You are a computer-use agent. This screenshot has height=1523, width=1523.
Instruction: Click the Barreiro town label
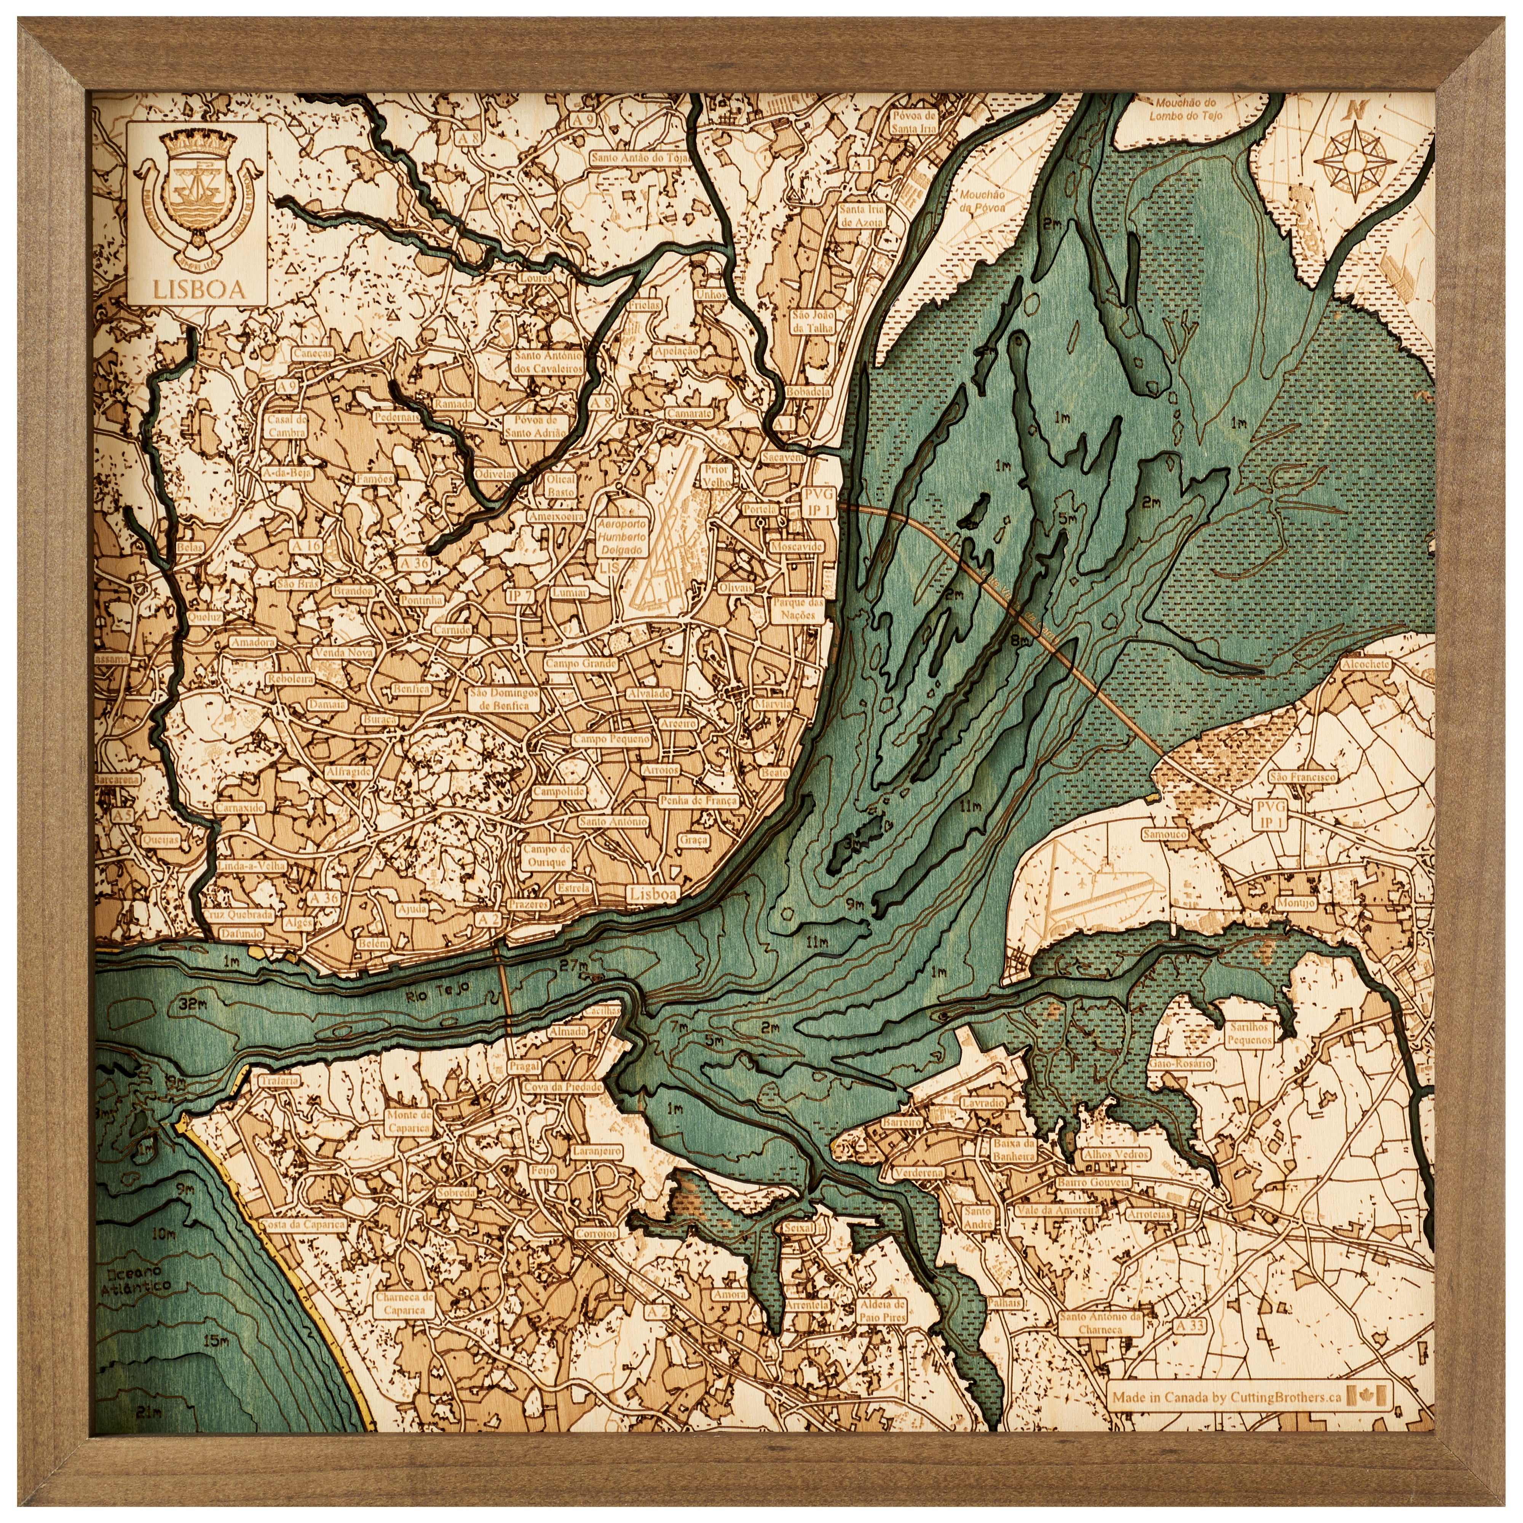pos(902,1122)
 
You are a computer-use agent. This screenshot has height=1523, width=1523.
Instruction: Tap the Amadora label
pos(252,642)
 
